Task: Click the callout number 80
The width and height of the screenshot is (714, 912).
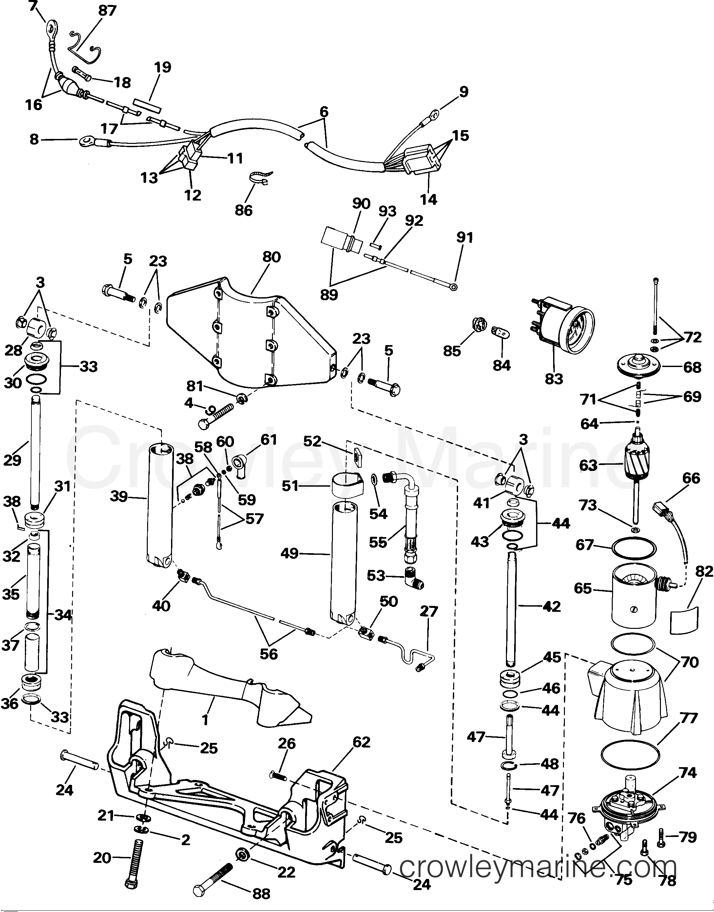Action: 271,257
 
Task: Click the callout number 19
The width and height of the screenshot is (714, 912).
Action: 163,67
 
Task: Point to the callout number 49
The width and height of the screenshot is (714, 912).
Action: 289,553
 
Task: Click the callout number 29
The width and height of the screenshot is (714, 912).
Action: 12,460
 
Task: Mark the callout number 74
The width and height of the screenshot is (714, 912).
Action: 688,773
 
